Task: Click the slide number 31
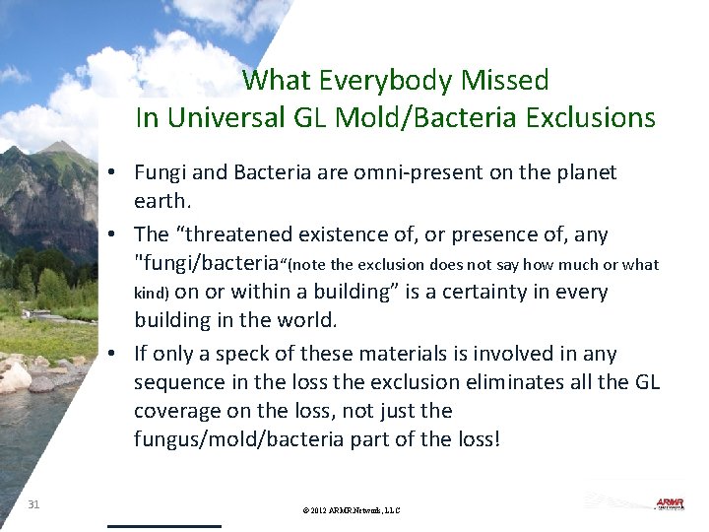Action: point(34,504)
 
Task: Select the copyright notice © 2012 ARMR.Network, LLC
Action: point(353,510)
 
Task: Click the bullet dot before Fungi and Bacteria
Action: point(115,173)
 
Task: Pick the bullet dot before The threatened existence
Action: point(115,235)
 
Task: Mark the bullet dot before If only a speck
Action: point(115,354)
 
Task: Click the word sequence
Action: point(175,382)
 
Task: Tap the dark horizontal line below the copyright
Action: point(163,526)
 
